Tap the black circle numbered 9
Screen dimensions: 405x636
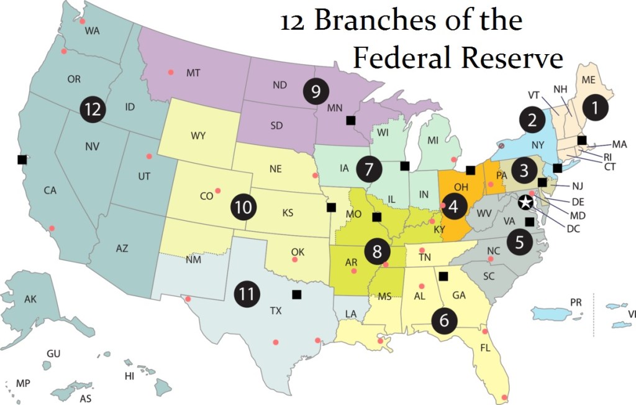[x=316, y=91]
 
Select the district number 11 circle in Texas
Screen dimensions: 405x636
[x=247, y=294]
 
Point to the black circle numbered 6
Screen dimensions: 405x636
[x=444, y=320]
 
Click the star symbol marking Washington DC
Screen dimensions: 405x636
[x=525, y=202]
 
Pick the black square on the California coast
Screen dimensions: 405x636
[x=22, y=159]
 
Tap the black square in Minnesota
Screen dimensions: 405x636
[x=351, y=120]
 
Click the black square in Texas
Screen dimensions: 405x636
[x=296, y=294]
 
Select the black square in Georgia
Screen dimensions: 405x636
[x=443, y=276]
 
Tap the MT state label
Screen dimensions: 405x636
[x=193, y=73]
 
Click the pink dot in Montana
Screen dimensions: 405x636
[x=171, y=73]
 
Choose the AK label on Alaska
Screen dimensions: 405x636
[x=30, y=299]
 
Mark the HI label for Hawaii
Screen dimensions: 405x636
[x=130, y=376]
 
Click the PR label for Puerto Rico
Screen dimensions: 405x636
[x=576, y=302]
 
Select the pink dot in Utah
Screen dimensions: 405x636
[x=148, y=156]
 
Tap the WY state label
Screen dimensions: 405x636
[x=198, y=135]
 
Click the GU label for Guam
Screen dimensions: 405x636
[x=53, y=353]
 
